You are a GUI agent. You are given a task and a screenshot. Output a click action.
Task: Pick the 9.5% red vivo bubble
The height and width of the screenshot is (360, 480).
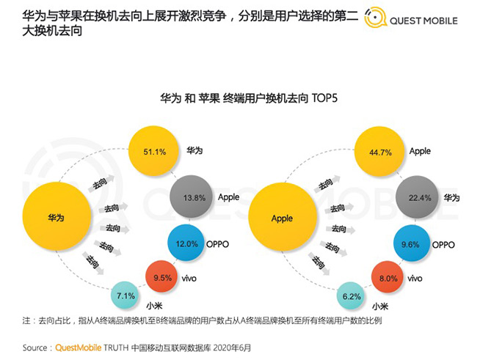[166, 278]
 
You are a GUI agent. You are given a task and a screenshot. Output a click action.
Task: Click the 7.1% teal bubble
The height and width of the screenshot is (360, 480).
[125, 295]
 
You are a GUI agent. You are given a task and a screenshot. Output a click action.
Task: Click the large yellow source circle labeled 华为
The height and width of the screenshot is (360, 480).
[56, 218]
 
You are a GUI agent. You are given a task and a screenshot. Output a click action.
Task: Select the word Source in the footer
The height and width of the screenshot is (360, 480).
[37, 348]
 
